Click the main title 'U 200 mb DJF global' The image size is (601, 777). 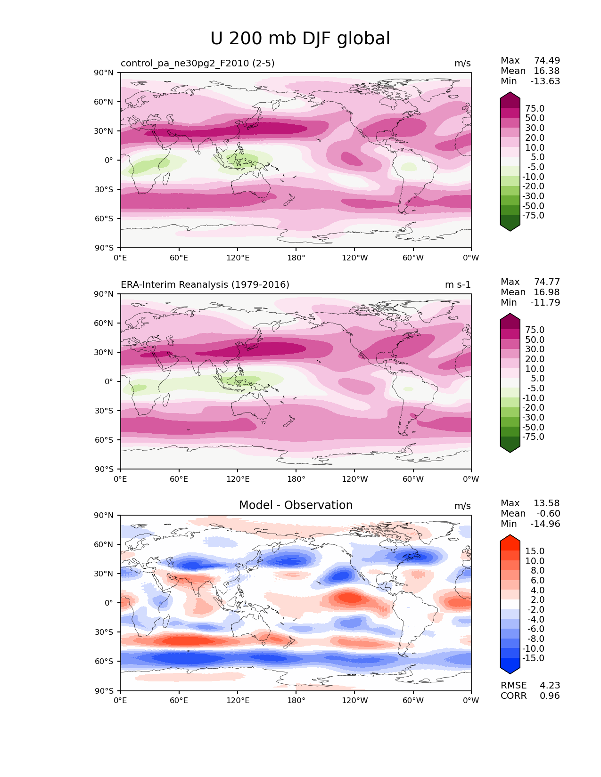coord(300,39)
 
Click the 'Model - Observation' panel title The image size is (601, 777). coord(296,505)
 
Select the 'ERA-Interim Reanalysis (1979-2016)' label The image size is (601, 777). coord(205,284)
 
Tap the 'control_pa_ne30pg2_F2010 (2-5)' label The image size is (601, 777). coord(198,63)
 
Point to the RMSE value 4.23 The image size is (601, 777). coord(550,685)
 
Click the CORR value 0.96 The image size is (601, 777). coord(550,696)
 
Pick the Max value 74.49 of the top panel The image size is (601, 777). coord(547,60)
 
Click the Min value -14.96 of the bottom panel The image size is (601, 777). coord(545,524)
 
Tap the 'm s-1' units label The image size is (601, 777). coord(458,284)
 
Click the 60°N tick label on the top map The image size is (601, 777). coord(104,102)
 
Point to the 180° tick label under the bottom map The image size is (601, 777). coord(296,700)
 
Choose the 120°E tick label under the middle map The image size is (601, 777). coord(238,479)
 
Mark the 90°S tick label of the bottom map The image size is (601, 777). coord(104,691)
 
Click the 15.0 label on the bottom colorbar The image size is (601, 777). coord(535,551)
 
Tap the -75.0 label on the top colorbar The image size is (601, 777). coord(533,215)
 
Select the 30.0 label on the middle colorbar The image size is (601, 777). coord(535,349)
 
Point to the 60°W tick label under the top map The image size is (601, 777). coord(413,258)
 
